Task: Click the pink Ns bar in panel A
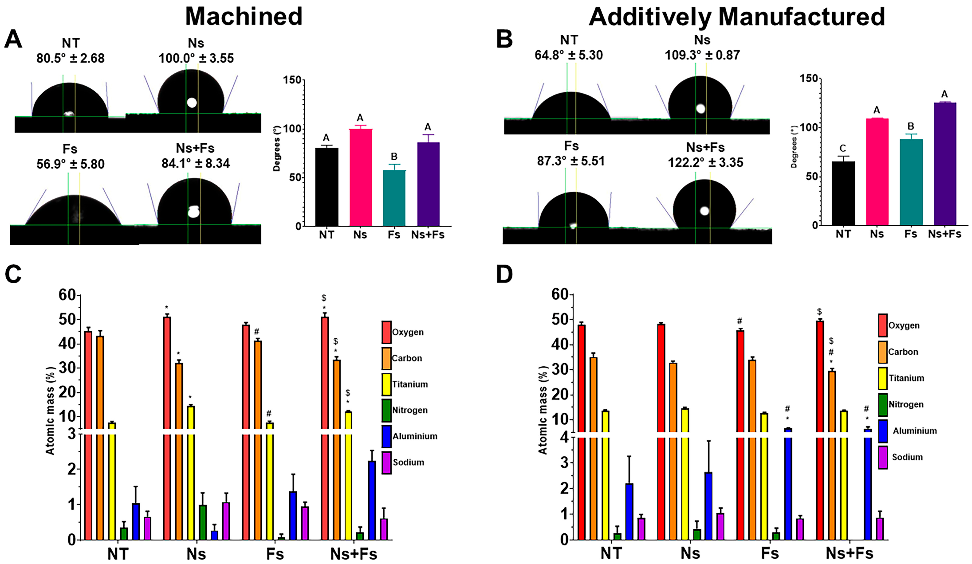pyautogui.click(x=361, y=178)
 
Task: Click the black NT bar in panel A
pyautogui.click(x=327, y=187)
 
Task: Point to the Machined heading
pyautogui.click(x=244, y=17)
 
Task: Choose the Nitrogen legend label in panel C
pyautogui.click(x=410, y=410)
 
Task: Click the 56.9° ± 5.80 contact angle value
pyautogui.click(x=71, y=164)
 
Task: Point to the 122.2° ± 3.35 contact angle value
pyautogui.click(x=705, y=162)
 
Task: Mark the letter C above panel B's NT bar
pyautogui.click(x=843, y=148)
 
